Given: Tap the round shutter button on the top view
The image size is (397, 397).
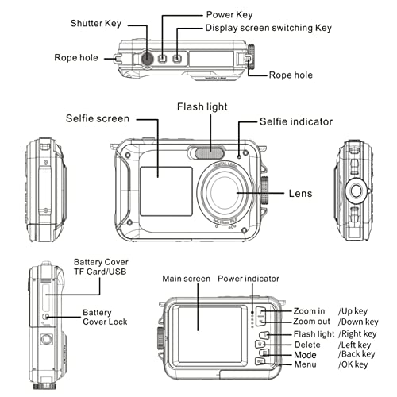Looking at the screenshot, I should point(148,58).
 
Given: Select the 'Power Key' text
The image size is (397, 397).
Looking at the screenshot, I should point(229,14).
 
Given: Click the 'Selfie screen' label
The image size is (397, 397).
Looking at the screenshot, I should point(98,119).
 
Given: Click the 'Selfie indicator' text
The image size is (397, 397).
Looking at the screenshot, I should point(297,121).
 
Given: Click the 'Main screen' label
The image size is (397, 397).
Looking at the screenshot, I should point(186,279).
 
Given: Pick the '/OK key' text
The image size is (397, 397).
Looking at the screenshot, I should point(353,364).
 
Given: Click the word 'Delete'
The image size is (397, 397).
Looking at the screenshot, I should point(309,344).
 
